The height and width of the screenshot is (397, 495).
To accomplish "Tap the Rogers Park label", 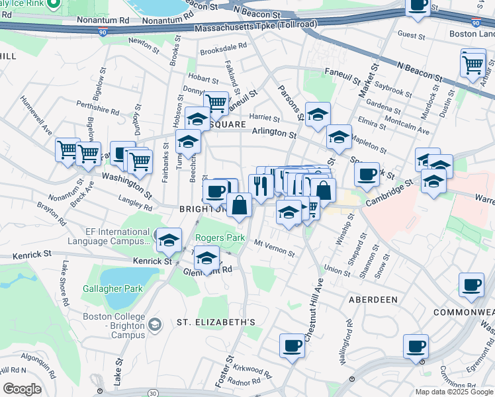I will tap(220, 238).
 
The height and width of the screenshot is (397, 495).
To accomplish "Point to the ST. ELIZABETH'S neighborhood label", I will tap(216, 322).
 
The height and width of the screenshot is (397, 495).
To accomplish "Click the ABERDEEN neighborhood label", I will tap(373, 300).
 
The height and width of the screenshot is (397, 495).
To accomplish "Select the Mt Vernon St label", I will tap(275, 247).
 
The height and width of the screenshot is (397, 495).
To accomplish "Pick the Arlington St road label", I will tap(273, 133).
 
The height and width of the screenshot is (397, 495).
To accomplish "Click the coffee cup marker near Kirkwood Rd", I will tap(292, 345).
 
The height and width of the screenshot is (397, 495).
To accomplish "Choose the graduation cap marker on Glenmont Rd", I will tap(207, 258).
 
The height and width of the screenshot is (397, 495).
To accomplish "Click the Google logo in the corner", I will tap(22, 389).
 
